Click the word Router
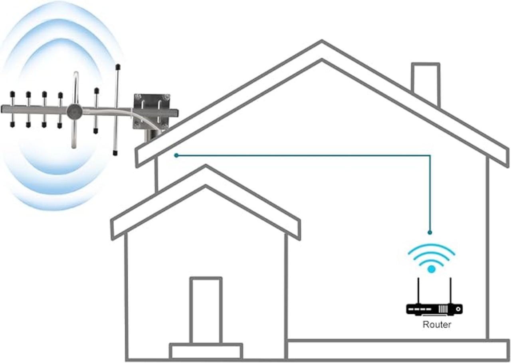point(436,324)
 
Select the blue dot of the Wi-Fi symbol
point(431,269)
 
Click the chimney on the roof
point(426,82)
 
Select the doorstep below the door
point(206,351)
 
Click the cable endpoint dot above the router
point(430,232)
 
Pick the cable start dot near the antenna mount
point(176,155)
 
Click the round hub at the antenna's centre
point(74,112)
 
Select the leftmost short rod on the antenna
point(12,108)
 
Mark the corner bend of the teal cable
point(430,156)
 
